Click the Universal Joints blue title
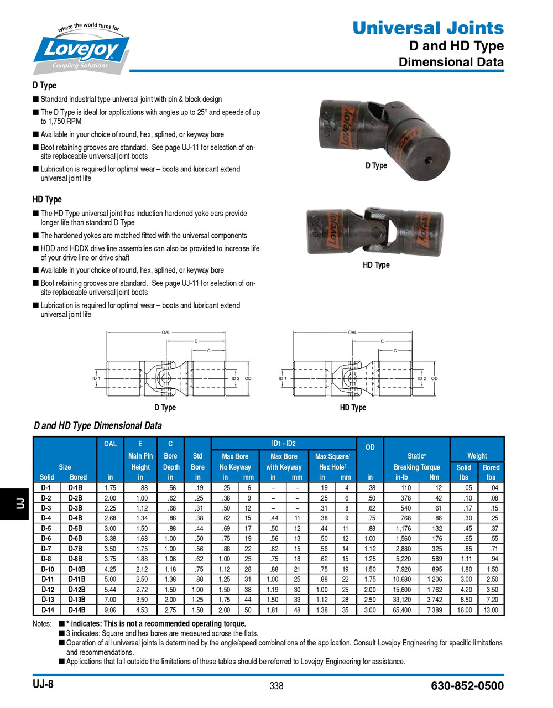click(x=427, y=28)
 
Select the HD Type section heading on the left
click(x=47, y=199)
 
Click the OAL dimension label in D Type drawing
click(x=166, y=332)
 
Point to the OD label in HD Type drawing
click(x=435, y=378)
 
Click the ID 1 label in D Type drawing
click(x=96, y=378)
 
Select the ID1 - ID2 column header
click(x=283, y=444)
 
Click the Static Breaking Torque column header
click(x=416, y=462)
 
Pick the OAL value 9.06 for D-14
click(x=110, y=610)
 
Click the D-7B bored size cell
click(x=75, y=549)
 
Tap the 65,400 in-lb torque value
click(x=402, y=610)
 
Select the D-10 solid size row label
click(x=47, y=569)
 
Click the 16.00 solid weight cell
click(x=465, y=610)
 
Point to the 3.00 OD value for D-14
click(x=370, y=610)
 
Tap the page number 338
click(x=276, y=686)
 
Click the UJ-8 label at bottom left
click(x=43, y=684)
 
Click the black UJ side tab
click(x=15, y=503)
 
